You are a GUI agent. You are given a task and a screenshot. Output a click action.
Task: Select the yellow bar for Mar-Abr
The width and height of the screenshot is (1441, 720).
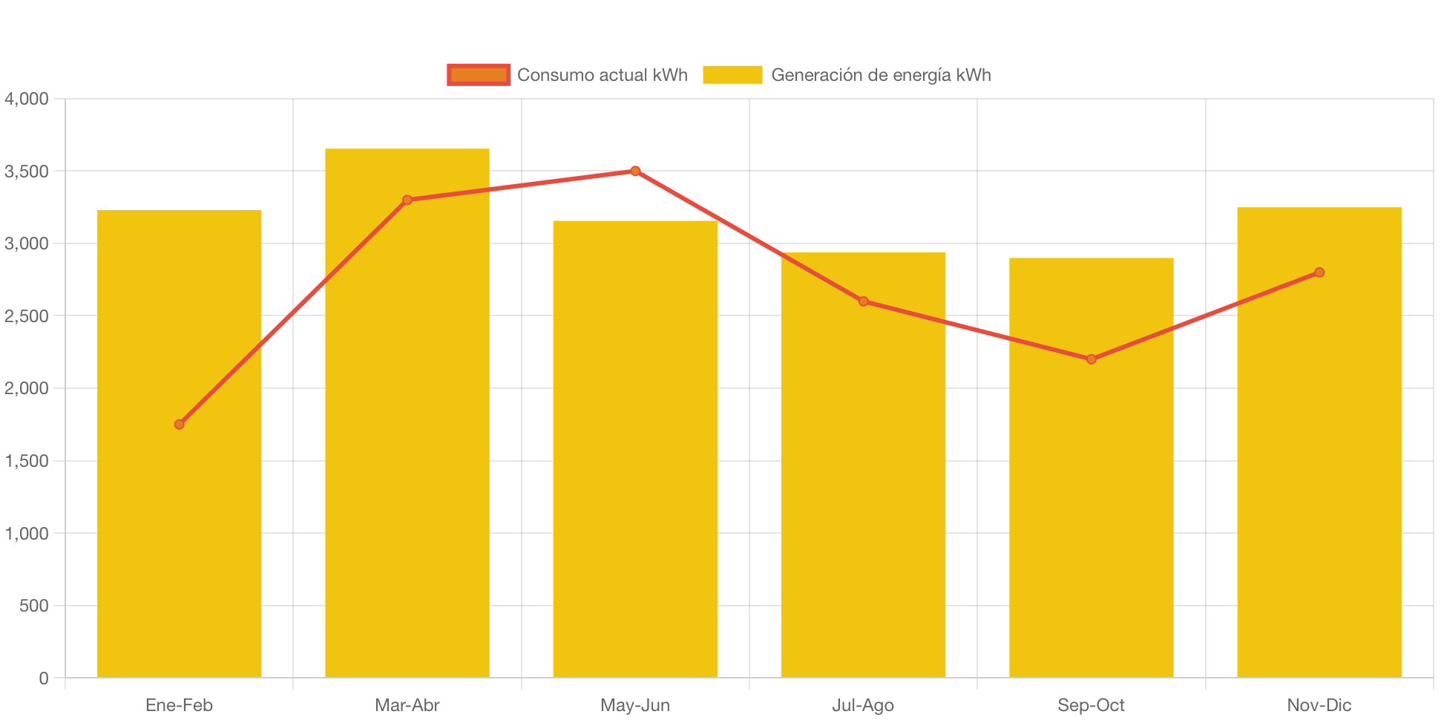[x=407, y=445]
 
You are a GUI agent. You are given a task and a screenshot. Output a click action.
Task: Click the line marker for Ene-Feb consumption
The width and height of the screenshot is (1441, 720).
[x=179, y=425]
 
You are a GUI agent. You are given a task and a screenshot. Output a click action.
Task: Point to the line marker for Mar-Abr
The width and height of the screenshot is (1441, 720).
[x=407, y=200]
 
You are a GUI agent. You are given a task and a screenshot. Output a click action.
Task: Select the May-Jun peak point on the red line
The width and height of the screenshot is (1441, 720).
[x=635, y=171]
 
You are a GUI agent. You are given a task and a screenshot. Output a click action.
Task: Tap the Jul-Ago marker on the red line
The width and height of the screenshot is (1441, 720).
[x=863, y=301]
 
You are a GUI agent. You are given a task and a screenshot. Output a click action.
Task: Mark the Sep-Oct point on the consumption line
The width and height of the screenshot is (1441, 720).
[x=1091, y=359]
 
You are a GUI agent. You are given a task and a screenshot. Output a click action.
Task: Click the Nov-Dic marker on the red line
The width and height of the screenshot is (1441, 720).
[x=1319, y=272]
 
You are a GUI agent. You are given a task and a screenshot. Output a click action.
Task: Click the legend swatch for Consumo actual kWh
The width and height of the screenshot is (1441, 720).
[x=479, y=75]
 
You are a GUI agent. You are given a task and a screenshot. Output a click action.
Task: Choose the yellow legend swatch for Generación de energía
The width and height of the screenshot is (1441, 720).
[x=732, y=75]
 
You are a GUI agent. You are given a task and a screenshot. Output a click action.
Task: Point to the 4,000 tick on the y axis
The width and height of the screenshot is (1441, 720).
[x=27, y=99]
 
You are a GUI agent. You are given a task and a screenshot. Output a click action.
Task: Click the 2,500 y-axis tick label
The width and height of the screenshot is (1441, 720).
[x=27, y=316]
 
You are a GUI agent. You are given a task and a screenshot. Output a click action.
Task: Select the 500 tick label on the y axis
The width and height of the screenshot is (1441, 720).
[x=34, y=606]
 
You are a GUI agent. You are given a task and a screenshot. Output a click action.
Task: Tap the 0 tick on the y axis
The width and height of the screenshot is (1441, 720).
[x=44, y=678]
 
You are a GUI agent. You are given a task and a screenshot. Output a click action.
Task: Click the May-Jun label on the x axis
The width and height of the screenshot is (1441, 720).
[x=635, y=705]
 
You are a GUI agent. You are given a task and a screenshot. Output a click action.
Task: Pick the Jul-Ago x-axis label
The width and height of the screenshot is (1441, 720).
[x=863, y=705]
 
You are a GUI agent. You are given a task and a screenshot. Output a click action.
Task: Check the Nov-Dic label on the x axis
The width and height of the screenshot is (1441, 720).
[x=1319, y=705]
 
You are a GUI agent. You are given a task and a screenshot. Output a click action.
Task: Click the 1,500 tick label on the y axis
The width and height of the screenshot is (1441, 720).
[x=27, y=461]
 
